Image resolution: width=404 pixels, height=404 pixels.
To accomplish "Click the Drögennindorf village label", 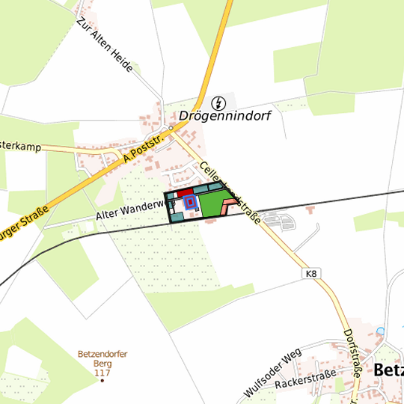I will point(224,117).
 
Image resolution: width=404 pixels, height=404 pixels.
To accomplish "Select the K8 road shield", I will point(311,275).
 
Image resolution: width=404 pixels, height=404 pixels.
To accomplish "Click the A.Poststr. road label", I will point(148,148).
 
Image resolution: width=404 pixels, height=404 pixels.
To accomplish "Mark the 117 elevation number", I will point(103,373).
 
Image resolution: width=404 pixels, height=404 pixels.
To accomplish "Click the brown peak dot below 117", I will point(103,381).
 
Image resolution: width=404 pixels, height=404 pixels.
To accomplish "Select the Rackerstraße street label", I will point(306,383).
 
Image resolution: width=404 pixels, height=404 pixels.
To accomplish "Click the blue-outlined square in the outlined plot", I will point(189,202).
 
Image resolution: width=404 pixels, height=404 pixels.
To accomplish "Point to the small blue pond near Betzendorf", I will point(381,330).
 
